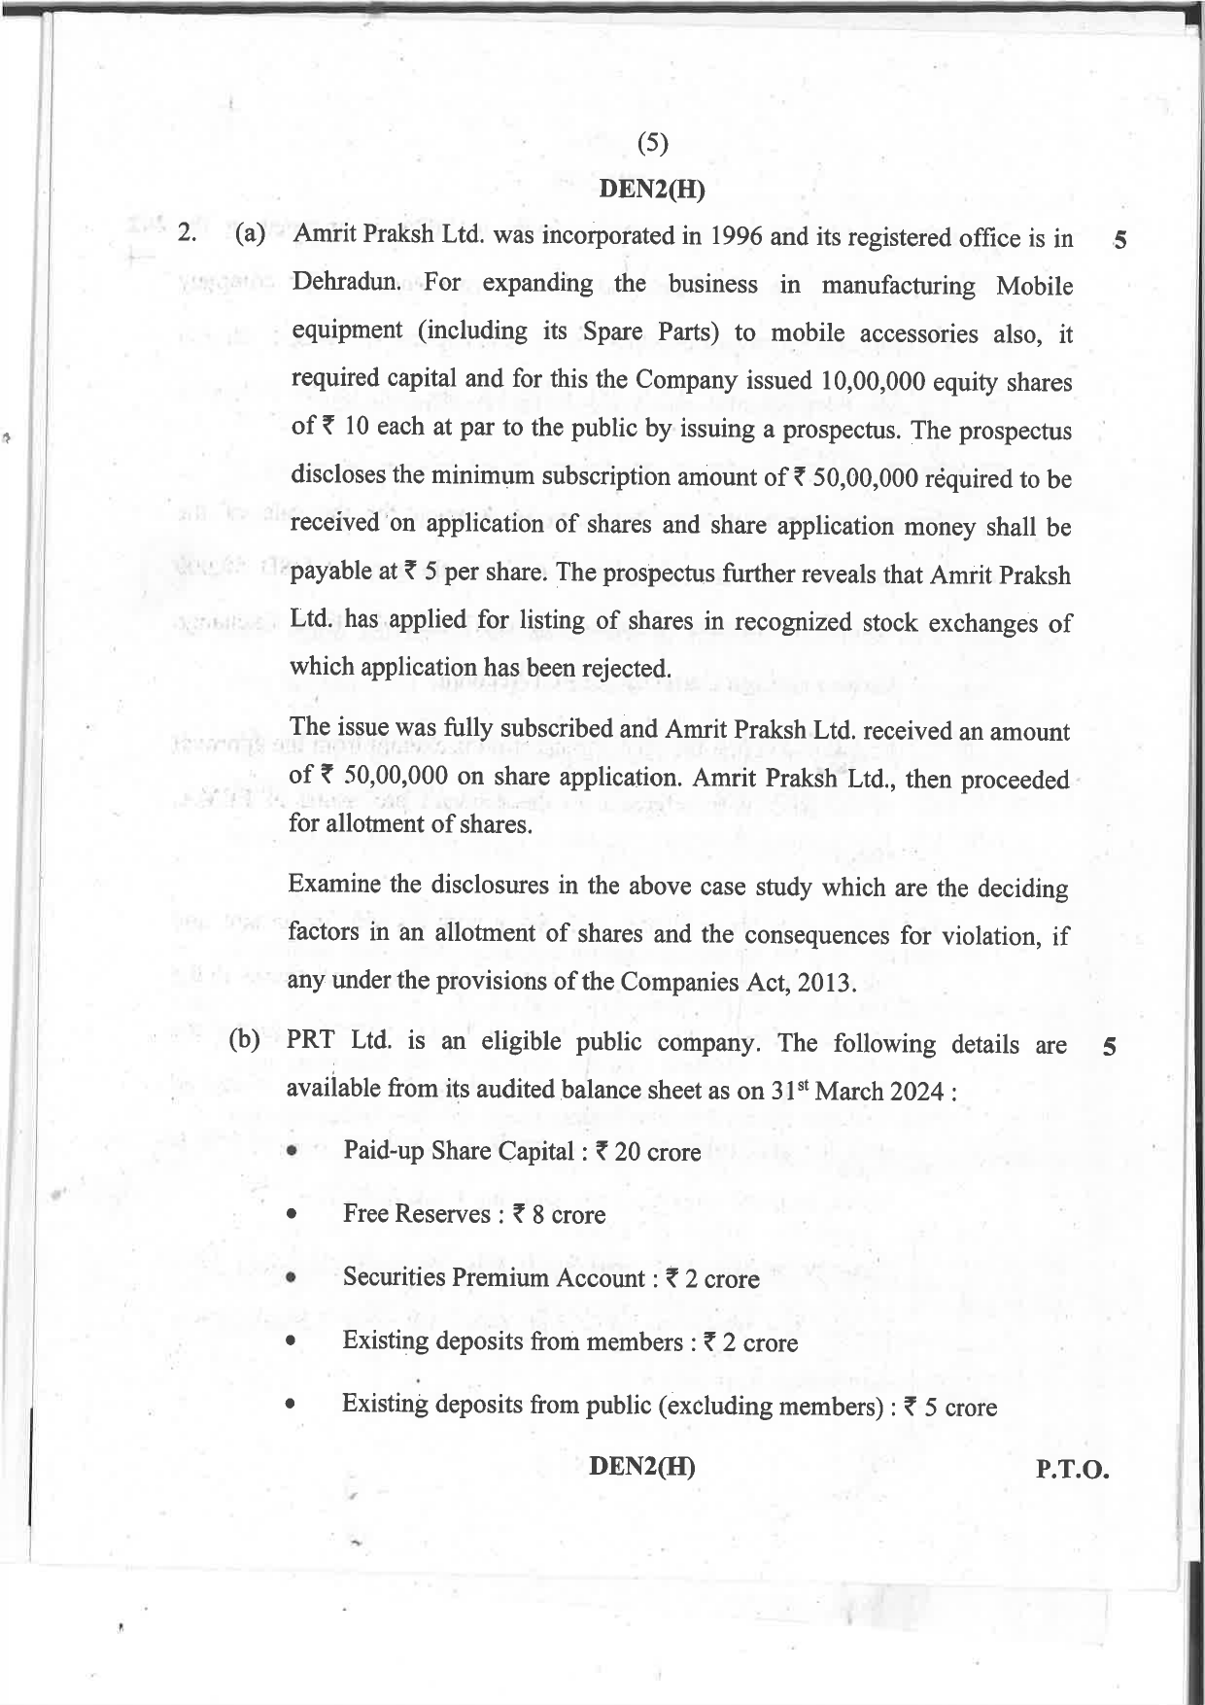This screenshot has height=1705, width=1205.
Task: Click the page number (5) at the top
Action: point(652,144)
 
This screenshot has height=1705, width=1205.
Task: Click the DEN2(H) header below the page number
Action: point(651,189)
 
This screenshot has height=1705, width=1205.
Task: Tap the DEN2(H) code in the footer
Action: point(641,1466)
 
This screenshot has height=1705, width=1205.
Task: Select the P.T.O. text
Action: point(1072,1470)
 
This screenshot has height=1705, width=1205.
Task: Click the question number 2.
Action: point(188,233)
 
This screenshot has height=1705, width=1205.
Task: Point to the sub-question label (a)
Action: point(250,234)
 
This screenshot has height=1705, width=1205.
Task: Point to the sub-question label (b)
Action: point(244,1039)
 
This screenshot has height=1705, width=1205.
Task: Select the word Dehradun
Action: point(346,282)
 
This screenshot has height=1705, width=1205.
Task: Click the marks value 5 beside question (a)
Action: point(1120,240)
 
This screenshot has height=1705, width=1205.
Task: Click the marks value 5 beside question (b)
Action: point(1110,1047)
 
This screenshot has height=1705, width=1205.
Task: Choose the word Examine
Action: point(334,885)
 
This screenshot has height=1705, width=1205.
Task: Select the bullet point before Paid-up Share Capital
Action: point(292,1152)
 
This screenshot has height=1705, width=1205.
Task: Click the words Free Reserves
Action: point(416,1214)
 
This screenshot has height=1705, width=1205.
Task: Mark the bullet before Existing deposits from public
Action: point(291,1406)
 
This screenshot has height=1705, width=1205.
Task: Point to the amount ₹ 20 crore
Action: point(647,1152)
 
